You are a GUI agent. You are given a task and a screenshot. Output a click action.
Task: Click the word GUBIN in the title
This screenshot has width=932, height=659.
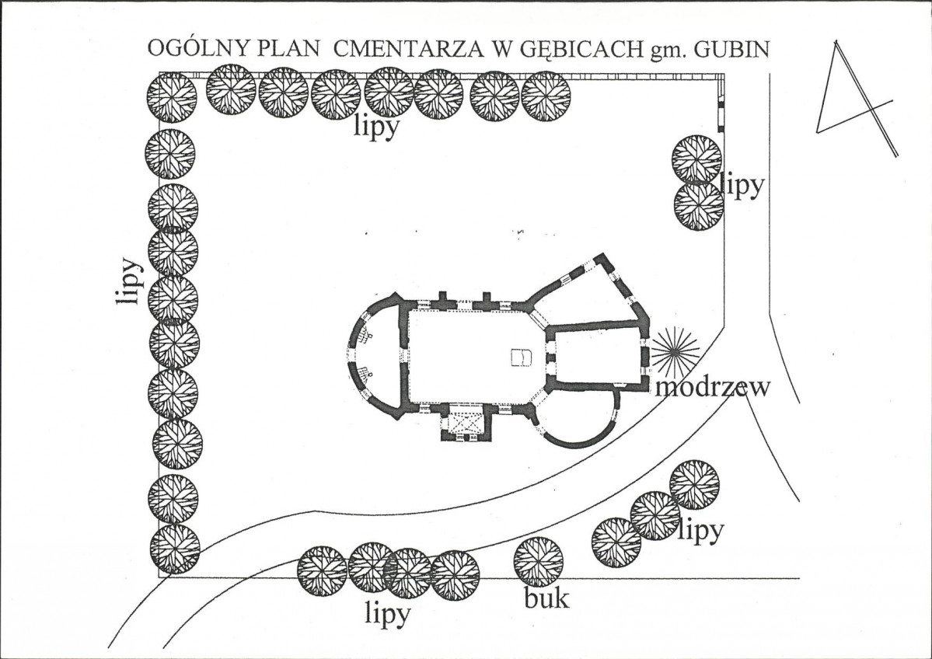click(x=731, y=50)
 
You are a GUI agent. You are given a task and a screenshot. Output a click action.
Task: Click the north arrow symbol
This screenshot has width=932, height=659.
click(x=856, y=99)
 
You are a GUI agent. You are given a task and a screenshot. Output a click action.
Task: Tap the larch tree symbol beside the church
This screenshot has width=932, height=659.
click(x=674, y=352)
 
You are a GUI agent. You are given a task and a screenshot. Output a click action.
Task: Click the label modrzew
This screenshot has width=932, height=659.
click(x=713, y=388)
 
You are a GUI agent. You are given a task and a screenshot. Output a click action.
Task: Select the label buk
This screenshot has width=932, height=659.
click(x=546, y=598)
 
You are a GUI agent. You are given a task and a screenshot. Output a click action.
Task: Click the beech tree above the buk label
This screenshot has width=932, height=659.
click(x=539, y=562)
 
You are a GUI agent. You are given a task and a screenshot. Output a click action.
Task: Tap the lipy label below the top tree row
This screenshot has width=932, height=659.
click(x=376, y=127)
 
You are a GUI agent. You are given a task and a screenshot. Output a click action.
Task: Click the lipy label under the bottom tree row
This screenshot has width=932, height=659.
click(x=388, y=615)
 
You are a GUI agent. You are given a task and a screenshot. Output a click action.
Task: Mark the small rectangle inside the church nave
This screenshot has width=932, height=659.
click(x=521, y=357)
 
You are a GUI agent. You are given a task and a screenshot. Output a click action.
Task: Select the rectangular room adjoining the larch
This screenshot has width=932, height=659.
click(x=596, y=355)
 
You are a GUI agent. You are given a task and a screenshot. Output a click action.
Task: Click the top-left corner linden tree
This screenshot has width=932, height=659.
click(x=171, y=97)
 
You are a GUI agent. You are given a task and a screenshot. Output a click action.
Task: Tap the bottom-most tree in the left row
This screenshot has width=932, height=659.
click(x=174, y=549)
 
